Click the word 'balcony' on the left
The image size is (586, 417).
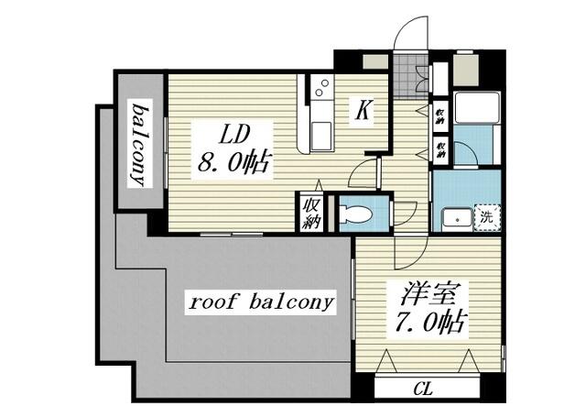pyautogui.click(x=140, y=144)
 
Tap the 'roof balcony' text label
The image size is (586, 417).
pyautogui.click(x=260, y=302)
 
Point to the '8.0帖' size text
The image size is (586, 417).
pyautogui.click(x=233, y=164)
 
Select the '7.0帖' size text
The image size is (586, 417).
pyautogui.click(x=429, y=323)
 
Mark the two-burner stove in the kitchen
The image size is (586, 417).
pyautogui.click(x=321, y=89)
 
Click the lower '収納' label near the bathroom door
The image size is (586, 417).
pyautogui.click(x=441, y=148)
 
